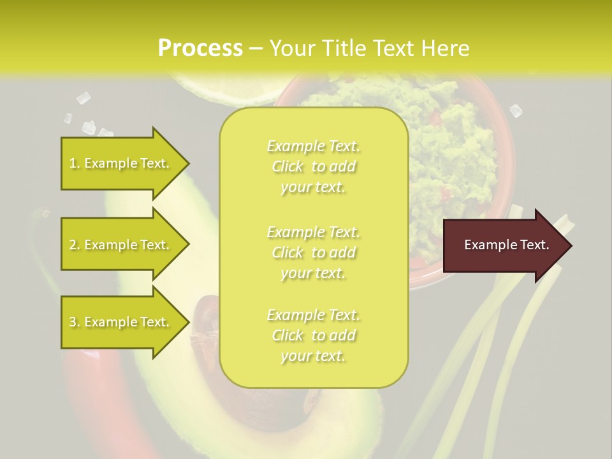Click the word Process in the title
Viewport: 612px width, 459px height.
(200, 48)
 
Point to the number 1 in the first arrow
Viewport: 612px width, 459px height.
(73, 163)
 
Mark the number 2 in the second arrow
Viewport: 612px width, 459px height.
(73, 245)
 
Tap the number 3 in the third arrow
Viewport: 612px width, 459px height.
(73, 322)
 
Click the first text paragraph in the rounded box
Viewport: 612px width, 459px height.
(313, 166)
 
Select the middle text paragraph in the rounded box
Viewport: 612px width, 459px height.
(313, 252)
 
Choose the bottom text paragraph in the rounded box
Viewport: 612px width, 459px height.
(313, 335)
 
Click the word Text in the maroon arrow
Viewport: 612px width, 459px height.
(535, 245)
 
